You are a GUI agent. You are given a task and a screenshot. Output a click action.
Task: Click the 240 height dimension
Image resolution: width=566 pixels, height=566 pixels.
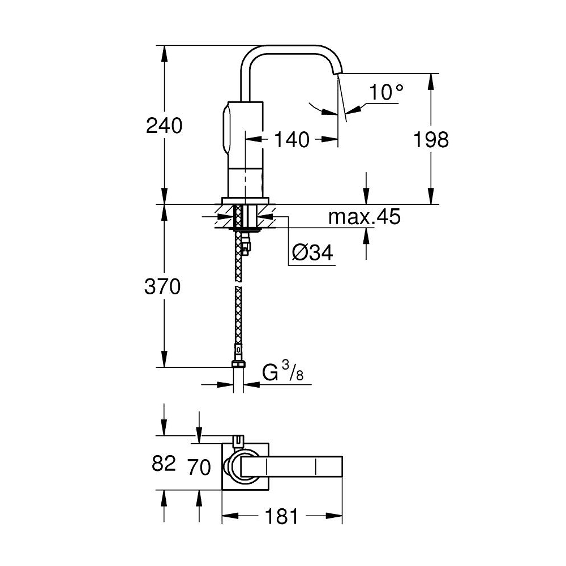point(164,126)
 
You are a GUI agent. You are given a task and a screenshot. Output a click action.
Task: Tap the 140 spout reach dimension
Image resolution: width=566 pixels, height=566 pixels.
point(293,139)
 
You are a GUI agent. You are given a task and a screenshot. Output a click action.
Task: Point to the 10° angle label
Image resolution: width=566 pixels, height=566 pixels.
point(387,92)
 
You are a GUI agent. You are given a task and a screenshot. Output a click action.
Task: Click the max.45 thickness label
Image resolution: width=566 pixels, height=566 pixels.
point(365,216)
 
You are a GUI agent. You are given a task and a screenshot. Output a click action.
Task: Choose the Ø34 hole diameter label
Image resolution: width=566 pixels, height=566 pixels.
point(312,254)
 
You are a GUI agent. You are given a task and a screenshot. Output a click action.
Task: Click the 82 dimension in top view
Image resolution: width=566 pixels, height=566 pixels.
point(164,464)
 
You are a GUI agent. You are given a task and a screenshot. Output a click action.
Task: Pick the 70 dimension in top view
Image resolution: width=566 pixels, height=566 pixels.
point(199,468)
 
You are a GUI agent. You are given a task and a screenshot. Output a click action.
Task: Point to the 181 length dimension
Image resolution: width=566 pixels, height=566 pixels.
point(281,516)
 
